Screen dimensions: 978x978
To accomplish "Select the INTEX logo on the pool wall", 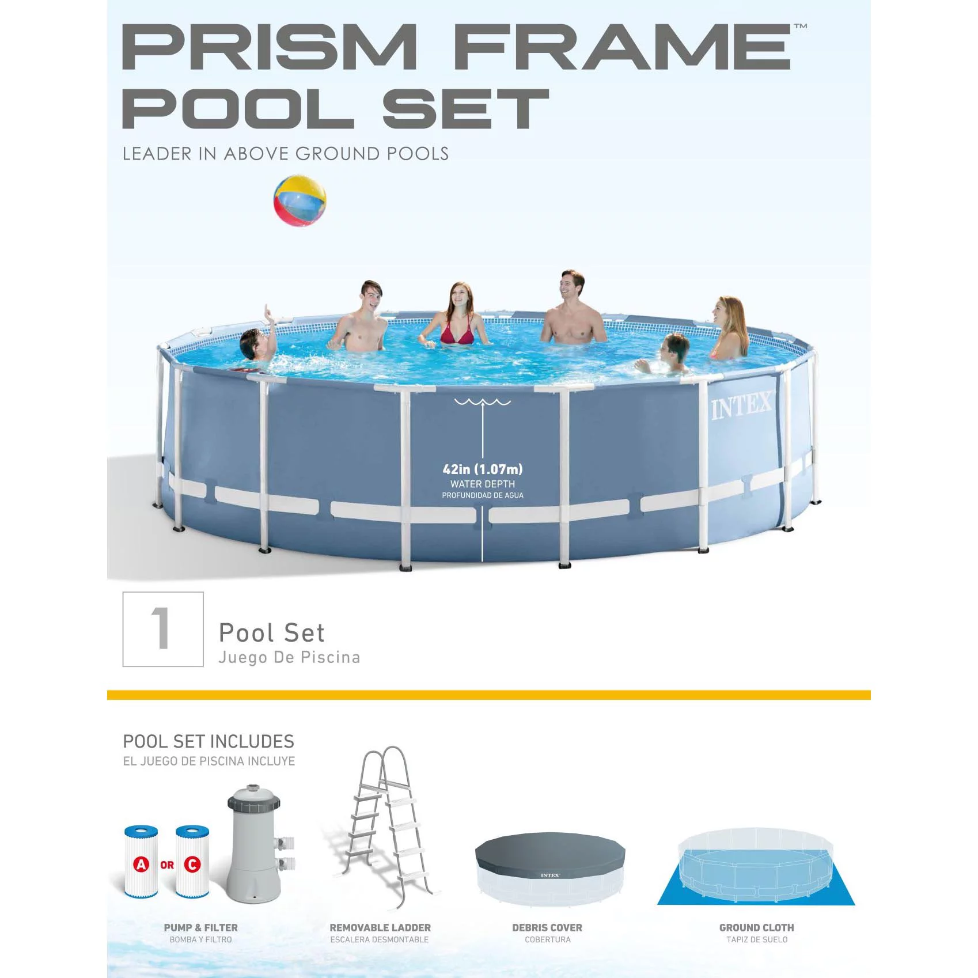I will (741, 405).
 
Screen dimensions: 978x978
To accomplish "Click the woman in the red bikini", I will (457, 317).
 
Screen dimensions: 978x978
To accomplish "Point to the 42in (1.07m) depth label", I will (483, 469).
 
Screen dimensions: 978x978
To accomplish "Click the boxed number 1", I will (163, 629).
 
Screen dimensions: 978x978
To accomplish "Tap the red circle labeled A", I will (141, 864).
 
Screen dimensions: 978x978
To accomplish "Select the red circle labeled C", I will (192, 864).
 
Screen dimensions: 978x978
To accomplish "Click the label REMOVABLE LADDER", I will (380, 928).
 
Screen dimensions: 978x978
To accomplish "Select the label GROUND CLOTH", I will (756, 928).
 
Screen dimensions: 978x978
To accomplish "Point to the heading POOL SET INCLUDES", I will (209, 741).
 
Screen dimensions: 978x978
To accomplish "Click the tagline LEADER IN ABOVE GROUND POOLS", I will (285, 154).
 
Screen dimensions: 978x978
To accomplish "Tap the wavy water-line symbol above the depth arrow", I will (483, 401).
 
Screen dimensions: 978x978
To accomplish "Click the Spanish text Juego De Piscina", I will (289, 658).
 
